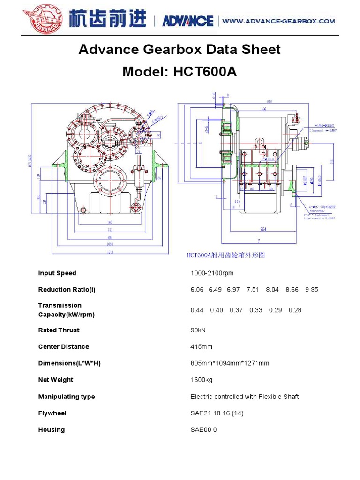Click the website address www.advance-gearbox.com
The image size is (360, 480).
click(278, 21)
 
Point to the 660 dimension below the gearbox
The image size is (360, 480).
click(110, 222)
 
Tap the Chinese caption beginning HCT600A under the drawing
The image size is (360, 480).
click(226, 255)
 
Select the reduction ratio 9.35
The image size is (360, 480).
click(311, 290)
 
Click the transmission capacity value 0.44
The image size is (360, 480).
click(197, 310)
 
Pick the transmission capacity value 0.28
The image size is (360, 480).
click(295, 310)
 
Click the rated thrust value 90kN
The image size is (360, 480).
click(198, 330)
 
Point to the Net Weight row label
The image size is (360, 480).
click(55, 380)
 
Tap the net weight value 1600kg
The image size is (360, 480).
click(201, 380)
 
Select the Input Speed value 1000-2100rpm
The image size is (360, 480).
click(212, 273)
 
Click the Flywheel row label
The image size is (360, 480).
click(52, 413)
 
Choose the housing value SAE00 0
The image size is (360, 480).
click(203, 430)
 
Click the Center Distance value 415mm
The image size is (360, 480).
click(201, 347)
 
